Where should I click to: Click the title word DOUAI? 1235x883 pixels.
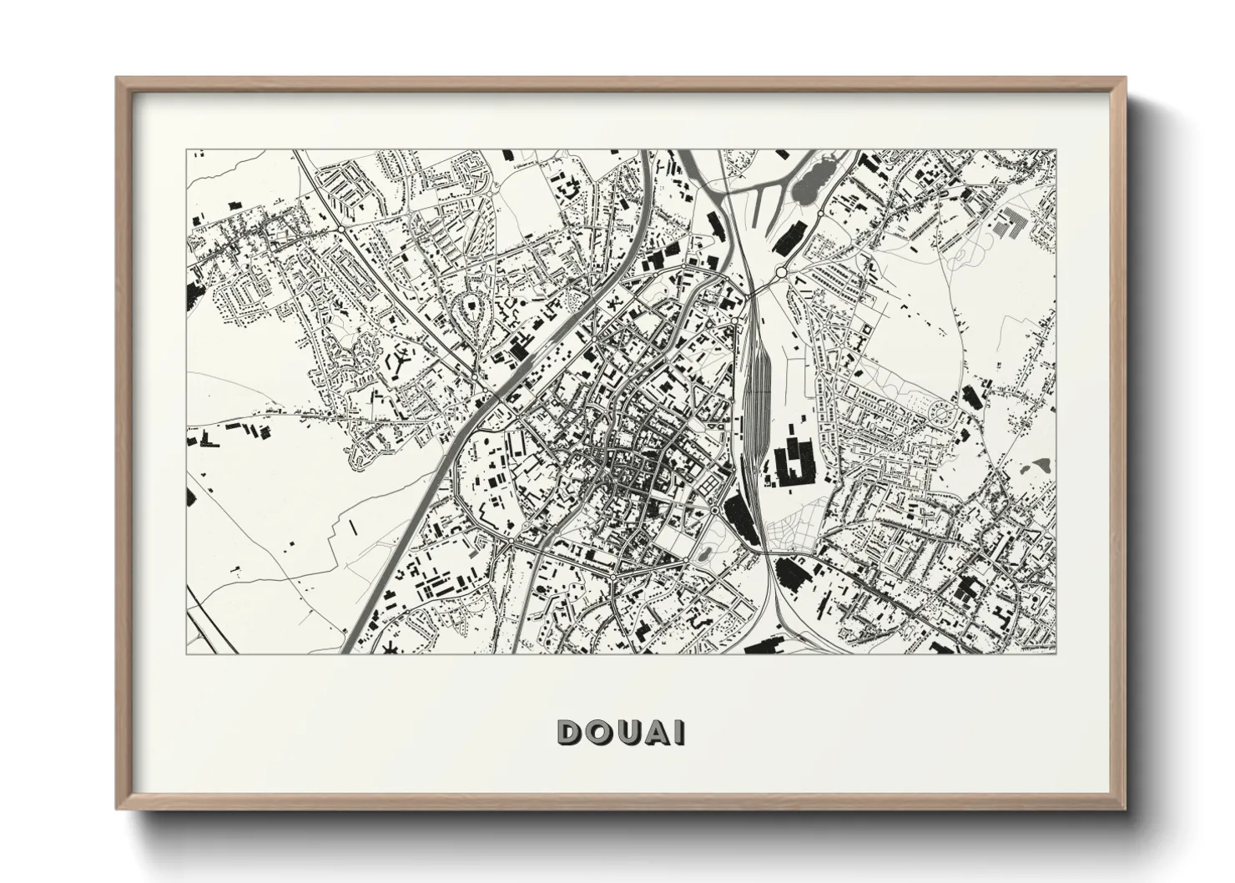622,732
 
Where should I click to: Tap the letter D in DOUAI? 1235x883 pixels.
570,732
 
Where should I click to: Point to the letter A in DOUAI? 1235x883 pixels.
657,732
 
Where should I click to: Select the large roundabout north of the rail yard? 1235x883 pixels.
780,271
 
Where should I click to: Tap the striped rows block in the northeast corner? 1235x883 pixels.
1014,223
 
